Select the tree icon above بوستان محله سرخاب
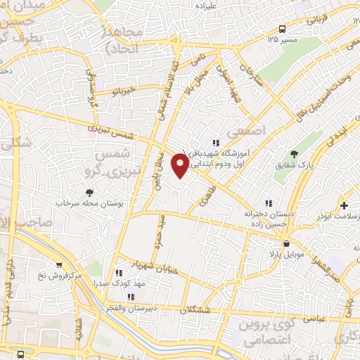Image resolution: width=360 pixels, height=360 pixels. (x=89, y=192)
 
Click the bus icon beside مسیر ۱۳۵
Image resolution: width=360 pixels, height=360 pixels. (x=282, y=29)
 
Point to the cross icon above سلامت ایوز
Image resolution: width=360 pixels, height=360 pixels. (x=344, y=206)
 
